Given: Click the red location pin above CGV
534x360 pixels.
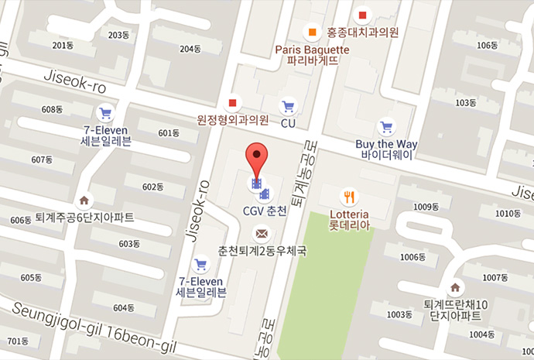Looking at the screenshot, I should pos(257,157).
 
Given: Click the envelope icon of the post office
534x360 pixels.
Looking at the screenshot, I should pos(262,232).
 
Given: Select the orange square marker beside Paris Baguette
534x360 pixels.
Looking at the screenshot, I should pos(312,33).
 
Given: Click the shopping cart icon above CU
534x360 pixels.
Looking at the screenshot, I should pos(289,106).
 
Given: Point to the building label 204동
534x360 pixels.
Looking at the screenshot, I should pos(190,49).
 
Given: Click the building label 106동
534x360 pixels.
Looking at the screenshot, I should pos(488,44).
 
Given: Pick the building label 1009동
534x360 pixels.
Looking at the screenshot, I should pos(426,207).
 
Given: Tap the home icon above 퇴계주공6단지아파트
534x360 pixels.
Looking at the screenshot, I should pos(84,201).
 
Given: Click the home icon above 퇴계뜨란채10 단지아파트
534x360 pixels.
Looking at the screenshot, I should pos(456,287).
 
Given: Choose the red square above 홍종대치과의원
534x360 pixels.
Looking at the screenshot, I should pos(362,15).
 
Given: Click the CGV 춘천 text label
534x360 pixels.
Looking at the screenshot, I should pos(265,211).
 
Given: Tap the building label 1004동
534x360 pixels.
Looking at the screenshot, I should pos(481,334).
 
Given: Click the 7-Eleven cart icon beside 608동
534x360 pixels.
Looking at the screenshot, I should pos(105,111).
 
